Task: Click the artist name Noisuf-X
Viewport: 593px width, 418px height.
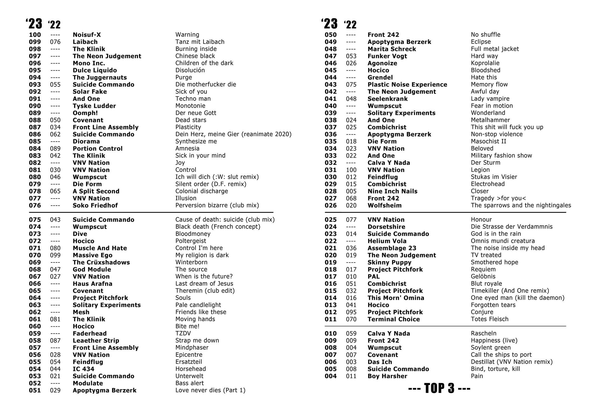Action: (87, 35)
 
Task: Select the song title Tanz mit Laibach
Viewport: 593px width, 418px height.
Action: (200, 42)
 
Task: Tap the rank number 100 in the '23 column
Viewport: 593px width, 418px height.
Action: (35, 35)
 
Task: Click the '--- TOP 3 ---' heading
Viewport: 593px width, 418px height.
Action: (439, 388)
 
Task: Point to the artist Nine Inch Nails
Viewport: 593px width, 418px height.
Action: (392, 191)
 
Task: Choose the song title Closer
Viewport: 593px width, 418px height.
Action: (479, 191)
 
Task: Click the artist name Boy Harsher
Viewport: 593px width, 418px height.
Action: (387, 376)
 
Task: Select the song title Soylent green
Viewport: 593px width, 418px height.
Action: (490, 348)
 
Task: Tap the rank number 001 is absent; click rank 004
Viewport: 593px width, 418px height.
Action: (331, 376)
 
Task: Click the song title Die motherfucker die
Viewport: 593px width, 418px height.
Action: (206, 84)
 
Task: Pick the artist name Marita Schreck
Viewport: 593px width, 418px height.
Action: (391, 49)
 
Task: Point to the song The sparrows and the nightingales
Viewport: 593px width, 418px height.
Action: (521, 206)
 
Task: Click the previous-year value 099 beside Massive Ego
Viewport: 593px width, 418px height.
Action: (55, 255)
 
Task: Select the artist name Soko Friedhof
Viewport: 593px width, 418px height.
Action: (95, 206)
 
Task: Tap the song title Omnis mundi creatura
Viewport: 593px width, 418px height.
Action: (503, 241)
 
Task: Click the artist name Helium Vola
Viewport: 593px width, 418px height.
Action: (387, 241)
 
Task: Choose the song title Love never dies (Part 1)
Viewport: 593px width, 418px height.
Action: (210, 390)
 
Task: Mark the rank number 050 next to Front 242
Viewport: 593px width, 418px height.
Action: (331, 35)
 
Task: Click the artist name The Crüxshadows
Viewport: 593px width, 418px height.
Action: (101, 262)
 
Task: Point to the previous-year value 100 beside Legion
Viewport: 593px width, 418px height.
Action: (351, 170)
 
